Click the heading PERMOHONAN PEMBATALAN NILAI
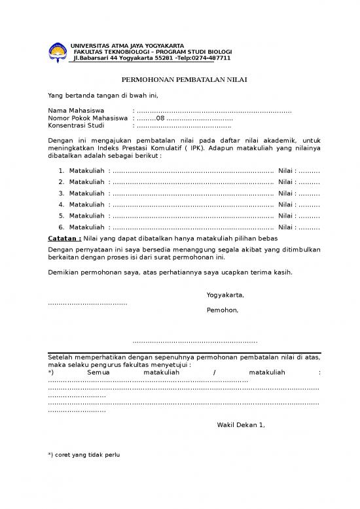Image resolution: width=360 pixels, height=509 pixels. (x=179, y=80)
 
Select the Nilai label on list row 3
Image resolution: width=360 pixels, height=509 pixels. (x=287, y=194)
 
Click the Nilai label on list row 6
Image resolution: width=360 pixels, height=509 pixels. (x=287, y=227)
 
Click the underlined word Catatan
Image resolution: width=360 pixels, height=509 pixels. (x=65, y=238)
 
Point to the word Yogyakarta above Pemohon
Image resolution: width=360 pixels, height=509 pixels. (x=225, y=295)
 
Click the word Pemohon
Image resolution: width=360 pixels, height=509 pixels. (x=223, y=310)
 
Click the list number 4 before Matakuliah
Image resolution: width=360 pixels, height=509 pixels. (x=61, y=204)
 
